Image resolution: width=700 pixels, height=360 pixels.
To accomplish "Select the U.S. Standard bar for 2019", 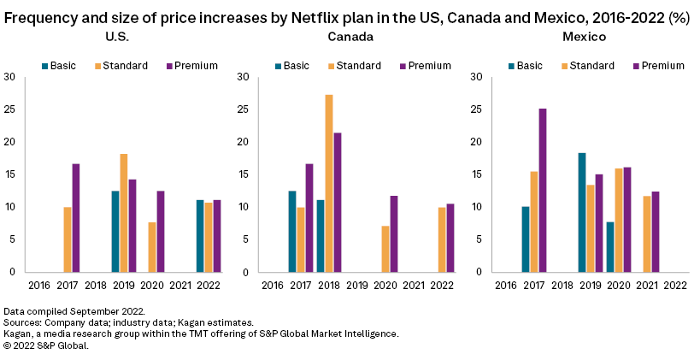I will tap(124, 213).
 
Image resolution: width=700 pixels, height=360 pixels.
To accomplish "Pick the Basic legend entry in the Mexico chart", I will tap(525, 65).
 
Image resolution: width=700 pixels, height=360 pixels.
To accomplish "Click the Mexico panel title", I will tap(583, 38).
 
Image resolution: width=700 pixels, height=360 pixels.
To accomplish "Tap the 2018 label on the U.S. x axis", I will tap(96, 284).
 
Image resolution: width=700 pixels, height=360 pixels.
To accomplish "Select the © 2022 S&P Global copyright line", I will tap(46, 345).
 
